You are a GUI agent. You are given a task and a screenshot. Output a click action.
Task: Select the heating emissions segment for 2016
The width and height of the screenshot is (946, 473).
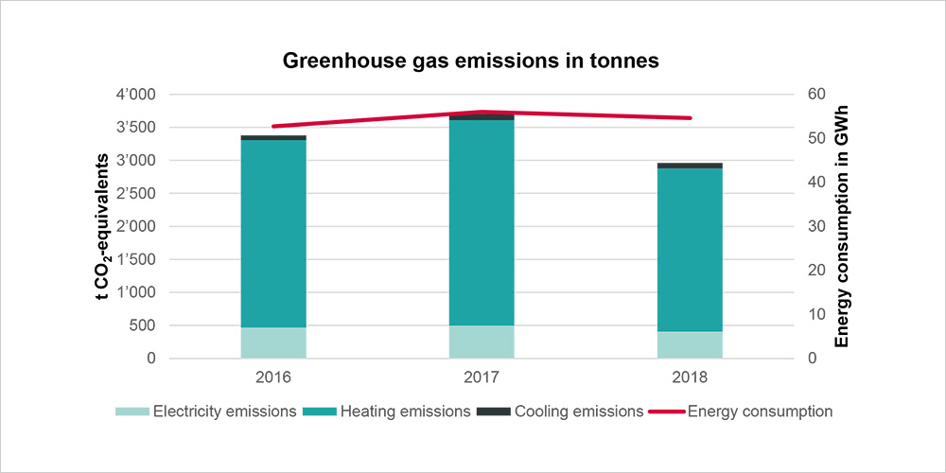tap(273, 233)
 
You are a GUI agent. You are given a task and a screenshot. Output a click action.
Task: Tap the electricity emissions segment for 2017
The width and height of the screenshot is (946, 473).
tap(482, 342)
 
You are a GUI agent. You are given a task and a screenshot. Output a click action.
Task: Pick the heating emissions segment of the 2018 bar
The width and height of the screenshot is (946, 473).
tap(690, 250)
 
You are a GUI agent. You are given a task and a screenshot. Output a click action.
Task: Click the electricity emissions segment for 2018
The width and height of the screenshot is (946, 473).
tap(690, 344)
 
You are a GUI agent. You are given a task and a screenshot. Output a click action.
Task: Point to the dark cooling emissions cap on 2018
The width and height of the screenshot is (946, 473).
tap(690, 166)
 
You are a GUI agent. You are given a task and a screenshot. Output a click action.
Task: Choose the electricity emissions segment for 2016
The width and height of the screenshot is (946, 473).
tap(273, 342)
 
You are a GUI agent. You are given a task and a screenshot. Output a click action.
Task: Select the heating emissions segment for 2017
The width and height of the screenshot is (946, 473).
tap(482, 222)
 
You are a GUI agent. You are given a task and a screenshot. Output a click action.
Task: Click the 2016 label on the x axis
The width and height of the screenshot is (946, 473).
tap(273, 377)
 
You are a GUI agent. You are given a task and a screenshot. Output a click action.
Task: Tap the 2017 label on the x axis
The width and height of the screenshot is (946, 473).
tap(482, 377)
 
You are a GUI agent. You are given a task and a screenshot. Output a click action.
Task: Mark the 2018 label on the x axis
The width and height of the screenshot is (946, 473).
tap(690, 377)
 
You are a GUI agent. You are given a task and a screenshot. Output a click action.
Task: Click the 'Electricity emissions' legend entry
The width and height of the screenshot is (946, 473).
tap(214, 412)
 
